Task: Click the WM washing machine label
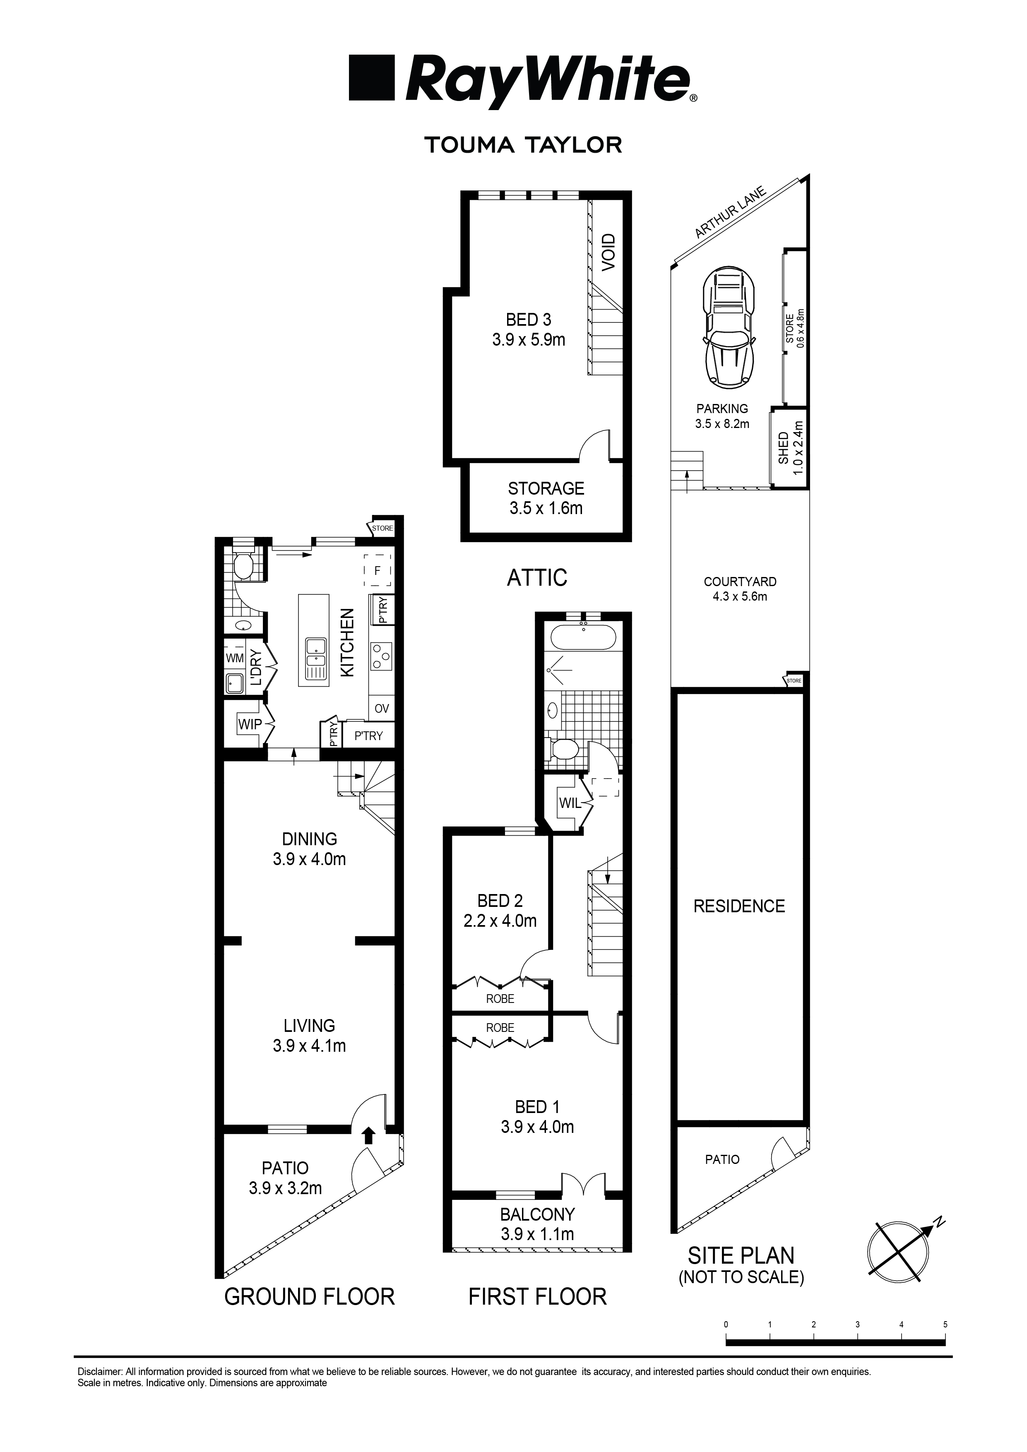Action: coord(235,659)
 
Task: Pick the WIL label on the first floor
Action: coord(570,803)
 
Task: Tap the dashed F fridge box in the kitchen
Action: coord(378,570)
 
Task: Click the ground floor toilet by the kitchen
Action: coord(243,565)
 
